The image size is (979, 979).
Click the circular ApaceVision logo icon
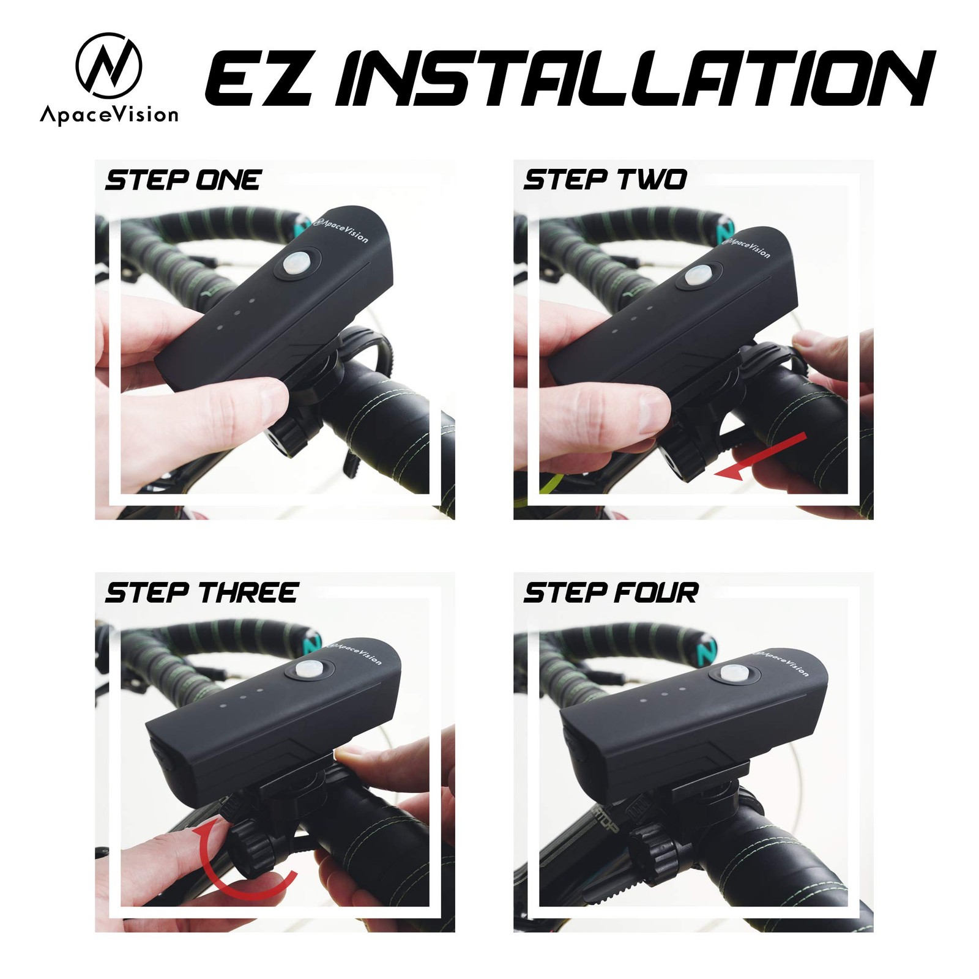(x=109, y=66)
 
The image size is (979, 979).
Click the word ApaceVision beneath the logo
(x=109, y=114)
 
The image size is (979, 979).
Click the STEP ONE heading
(x=183, y=181)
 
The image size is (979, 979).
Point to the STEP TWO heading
(x=605, y=180)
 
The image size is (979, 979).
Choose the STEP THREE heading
(x=201, y=593)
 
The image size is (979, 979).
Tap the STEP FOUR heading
(x=611, y=593)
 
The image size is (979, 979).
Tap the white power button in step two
(x=698, y=275)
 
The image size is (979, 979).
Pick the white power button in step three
(x=308, y=670)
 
